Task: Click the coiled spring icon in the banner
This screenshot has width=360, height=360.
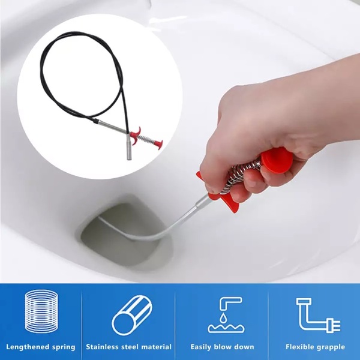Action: tap(41, 311)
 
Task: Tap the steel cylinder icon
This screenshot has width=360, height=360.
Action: tap(132, 316)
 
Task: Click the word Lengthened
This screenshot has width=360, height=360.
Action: tap(28, 347)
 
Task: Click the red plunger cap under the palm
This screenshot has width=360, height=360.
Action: tap(277, 160)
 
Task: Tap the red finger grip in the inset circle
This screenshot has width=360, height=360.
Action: tap(136, 133)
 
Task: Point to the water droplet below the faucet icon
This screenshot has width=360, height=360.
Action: tap(223, 318)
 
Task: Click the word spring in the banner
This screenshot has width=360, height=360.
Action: tap(64, 347)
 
